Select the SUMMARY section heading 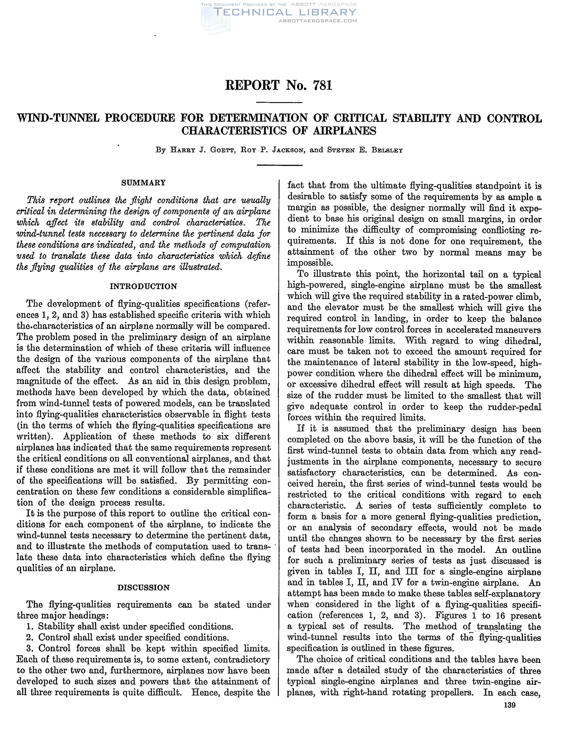point(143,183)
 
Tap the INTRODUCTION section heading point(143,286)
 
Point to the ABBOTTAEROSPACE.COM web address point(318,21)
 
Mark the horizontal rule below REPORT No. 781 point(279,102)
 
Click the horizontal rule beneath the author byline point(279,165)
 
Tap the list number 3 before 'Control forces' point(29,648)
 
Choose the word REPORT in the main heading point(252,85)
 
